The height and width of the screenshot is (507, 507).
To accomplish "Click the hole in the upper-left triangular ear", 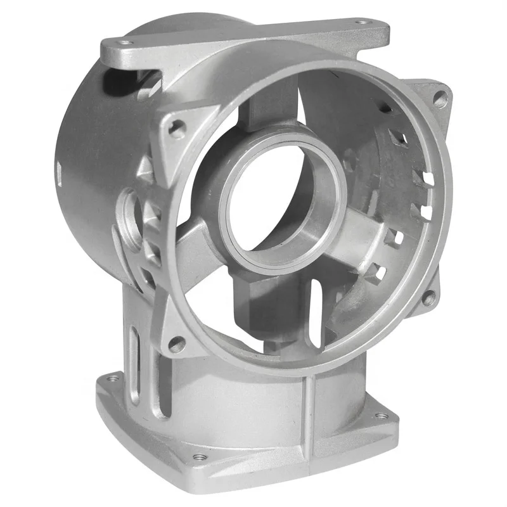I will click(x=178, y=129).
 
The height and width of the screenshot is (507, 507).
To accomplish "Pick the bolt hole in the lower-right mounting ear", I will click(x=429, y=297).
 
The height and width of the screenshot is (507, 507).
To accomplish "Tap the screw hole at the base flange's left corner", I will click(x=113, y=378).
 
